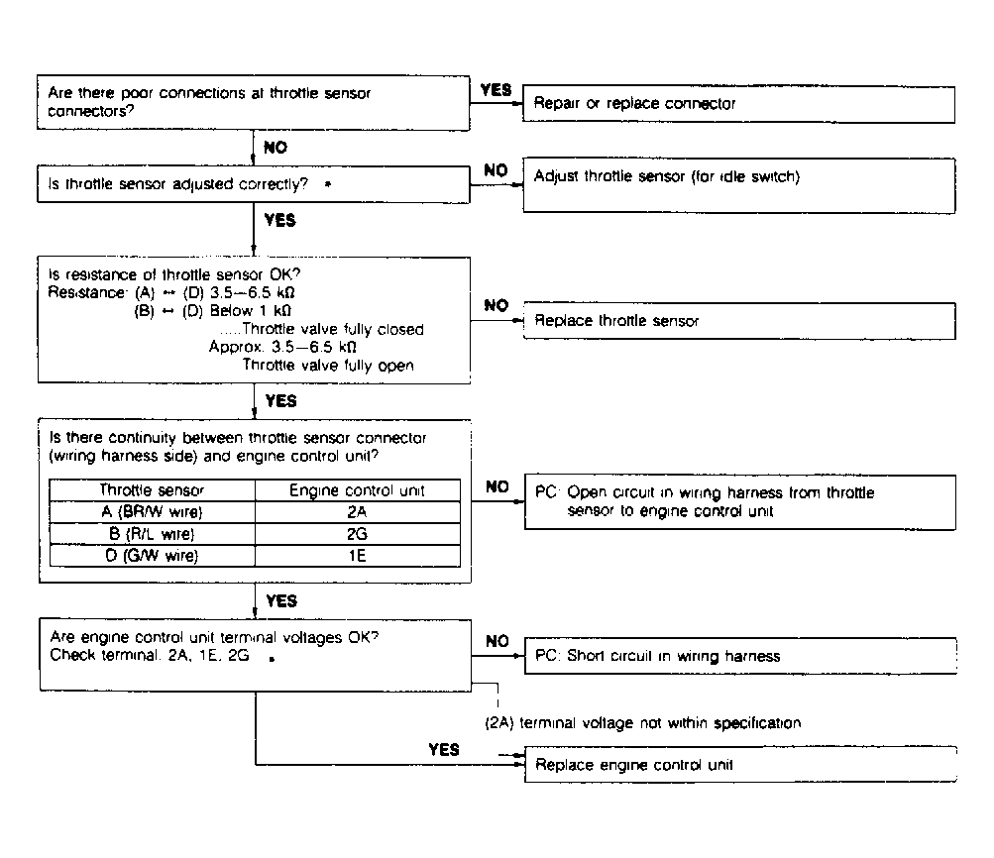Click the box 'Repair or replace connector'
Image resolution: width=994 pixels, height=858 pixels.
[738, 103]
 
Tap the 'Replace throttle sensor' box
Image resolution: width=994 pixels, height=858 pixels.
[738, 321]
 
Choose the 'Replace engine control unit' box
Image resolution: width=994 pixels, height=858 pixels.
[738, 765]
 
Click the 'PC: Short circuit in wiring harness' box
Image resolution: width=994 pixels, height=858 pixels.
[738, 656]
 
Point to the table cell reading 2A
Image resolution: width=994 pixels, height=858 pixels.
[357, 512]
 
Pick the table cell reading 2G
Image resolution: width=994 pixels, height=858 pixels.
[357, 534]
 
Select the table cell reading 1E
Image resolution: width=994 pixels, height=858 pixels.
[357, 556]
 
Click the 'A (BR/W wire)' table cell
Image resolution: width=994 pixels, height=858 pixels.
[153, 512]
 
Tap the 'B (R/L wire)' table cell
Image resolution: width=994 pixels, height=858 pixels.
[153, 534]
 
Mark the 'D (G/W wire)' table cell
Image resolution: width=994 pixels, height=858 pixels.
[153, 556]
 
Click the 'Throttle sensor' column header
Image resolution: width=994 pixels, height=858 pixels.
[153, 490]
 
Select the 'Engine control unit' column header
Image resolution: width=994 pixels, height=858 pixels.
[357, 490]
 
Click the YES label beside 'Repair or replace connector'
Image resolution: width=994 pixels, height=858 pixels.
[496, 90]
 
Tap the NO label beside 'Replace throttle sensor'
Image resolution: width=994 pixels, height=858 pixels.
[496, 306]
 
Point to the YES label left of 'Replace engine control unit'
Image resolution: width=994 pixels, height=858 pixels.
[444, 750]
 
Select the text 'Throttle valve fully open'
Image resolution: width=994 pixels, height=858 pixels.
[328, 365]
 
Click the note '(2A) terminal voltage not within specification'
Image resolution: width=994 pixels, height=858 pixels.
[643, 723]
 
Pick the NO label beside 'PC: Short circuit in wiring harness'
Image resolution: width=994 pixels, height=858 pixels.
[497, 642]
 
